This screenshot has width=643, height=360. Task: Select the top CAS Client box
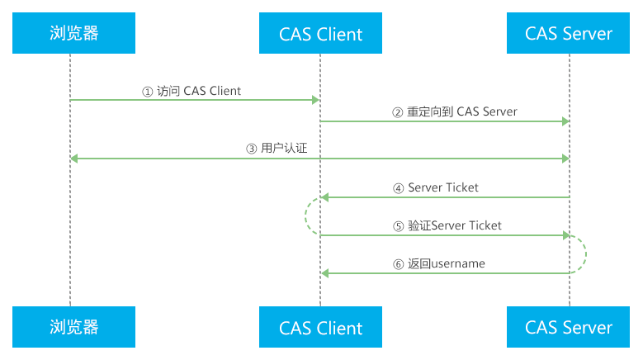(320, 34)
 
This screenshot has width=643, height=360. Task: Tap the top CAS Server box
(569, 33)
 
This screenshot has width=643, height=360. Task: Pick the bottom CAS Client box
(320, 328)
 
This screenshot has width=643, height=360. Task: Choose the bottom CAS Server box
(569, 327)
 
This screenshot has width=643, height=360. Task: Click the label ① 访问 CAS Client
(191, 91)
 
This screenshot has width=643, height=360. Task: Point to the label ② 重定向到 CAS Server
(454, 111)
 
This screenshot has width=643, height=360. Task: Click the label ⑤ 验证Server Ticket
(447, 225)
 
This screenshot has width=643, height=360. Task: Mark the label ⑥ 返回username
(438, 263)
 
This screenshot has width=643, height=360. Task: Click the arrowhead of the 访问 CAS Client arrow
(315, 100)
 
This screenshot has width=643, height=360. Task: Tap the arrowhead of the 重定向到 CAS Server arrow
(565, 121)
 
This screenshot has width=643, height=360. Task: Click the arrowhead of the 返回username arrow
(325, 273)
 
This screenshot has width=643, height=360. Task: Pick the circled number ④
(400, 188)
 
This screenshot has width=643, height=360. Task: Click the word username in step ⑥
(456, 263)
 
